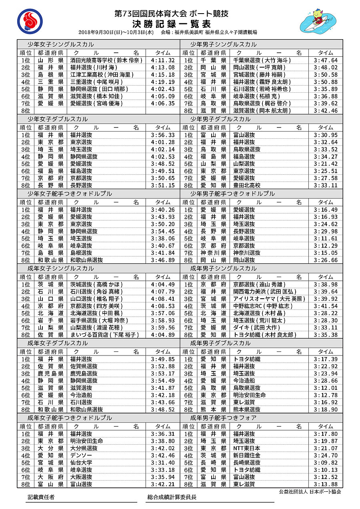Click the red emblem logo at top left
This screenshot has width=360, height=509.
point(30,22)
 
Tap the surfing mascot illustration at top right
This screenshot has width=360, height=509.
point(321,21)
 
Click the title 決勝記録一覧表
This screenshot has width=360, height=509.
point(171,23)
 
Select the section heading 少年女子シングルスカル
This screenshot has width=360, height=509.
point(60,44)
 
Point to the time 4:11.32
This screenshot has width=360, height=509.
point(163,60)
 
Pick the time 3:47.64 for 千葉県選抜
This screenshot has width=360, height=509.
point(326,60)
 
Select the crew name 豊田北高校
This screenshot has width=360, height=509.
point(247,185)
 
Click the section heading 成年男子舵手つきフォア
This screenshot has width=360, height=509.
point(223,418)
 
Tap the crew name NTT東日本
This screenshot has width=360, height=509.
point(247,448)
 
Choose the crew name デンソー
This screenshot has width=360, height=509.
point(79,455)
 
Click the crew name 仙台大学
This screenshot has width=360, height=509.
point(81,463)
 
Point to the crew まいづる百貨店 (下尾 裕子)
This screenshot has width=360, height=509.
point(104,335)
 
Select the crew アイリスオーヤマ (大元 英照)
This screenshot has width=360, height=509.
point(269,299)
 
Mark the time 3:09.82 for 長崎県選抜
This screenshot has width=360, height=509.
point(326,463)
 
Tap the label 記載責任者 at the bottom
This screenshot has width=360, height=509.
point(41,497)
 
